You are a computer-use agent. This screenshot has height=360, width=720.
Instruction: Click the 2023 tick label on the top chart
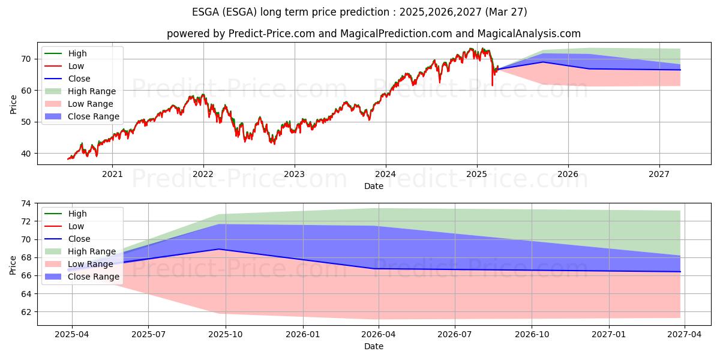pyautogui.click(x=295, y=174)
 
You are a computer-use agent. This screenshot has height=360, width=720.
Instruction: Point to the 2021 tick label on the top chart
pyautogui.click(x=112, y=174)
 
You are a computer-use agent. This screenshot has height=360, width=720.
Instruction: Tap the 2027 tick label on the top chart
pyautogui.click(x=659, y=174)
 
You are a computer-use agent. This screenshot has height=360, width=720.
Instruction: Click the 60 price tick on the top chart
pyautogui.click(x=26, y=91)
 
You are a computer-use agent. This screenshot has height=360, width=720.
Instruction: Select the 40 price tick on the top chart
pyautogui.click(x=26, y=154)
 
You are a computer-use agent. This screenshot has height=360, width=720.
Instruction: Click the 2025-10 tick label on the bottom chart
pyautogui.click(x=226, y=335)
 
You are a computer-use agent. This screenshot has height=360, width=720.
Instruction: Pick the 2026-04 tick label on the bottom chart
pyautogui.click(x=379, y=335)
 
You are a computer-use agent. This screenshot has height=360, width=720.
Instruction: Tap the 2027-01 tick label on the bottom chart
pyautogui.click(x=609, y=335)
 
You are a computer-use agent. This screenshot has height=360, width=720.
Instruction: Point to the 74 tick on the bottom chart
pyautogui.click(x=26, y=203)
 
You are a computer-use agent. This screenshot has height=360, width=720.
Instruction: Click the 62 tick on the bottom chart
pyautogui.click(x=26, y=312)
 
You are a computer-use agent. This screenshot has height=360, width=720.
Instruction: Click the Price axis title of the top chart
pyautogui.click(x=13, y=104)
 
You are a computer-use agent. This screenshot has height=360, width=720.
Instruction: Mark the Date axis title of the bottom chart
pyautogui.click(x=374, y=346)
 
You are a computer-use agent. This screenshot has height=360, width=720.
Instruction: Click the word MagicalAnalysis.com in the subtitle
pyautogui.click(x=529, y=34)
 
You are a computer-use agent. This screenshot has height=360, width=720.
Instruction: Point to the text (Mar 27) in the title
pyautogui.click(x=506, y=12)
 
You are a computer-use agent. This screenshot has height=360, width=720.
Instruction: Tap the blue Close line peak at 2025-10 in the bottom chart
pyautogui.click(x=219, y=249)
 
